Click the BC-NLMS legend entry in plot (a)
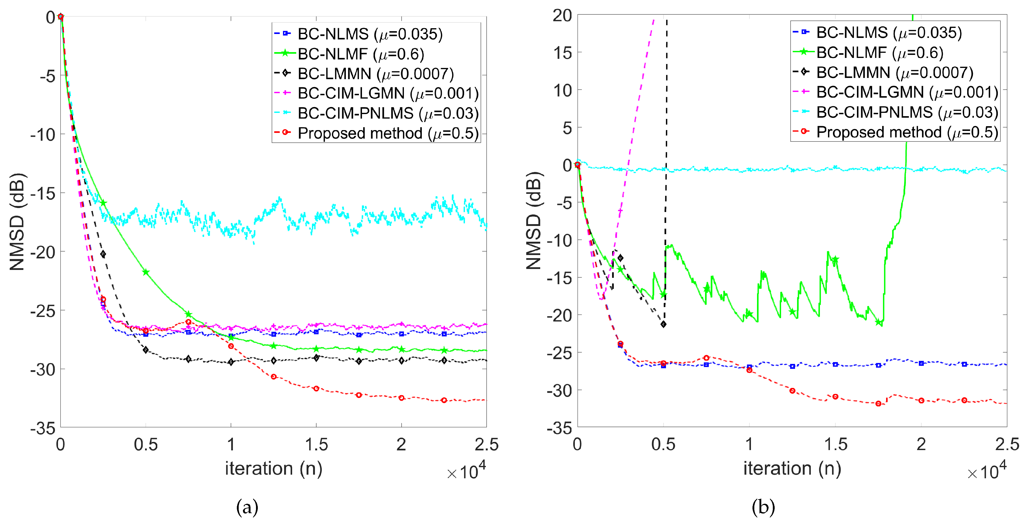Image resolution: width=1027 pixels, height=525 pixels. (x=370, y=34)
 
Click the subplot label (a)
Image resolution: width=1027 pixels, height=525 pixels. (x=247, y=507)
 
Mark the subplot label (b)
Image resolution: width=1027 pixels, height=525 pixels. (x=763, y=507)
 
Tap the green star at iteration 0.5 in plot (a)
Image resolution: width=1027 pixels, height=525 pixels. (x=146, y=272)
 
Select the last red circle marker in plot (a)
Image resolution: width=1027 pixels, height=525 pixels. (x=444, y=400)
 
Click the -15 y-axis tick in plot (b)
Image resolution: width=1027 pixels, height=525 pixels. (x=559, y=278)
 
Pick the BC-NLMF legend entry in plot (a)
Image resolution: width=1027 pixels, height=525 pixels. (x=361, y=54)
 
